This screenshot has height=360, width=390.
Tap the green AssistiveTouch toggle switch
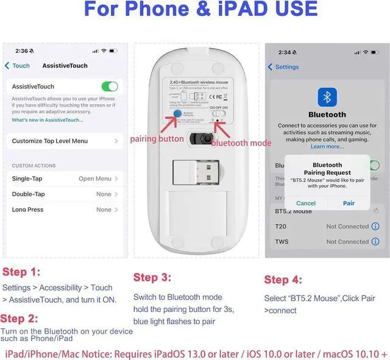(x=109, y=87)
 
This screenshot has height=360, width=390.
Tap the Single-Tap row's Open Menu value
(x=94, y=179)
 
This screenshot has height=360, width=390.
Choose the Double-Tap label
(x=28, y=194)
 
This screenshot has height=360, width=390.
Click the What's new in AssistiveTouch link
(x=48, y=120)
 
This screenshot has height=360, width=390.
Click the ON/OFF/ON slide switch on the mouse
(x=218, y=113)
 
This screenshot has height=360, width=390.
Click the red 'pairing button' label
(x=157, y=139)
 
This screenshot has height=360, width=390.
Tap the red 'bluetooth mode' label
(x=241, y=143)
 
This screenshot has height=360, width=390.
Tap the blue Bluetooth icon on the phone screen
(x=328, y=97)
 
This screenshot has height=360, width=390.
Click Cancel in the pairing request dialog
(x=306, y=203)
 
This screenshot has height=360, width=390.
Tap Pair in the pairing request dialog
(x=349, y=203)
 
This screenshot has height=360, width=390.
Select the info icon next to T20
(x=375, y=227)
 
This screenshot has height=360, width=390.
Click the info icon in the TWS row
(x=375, y=242)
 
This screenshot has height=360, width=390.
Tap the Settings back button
(x=283, y=67)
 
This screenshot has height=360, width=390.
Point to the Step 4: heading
(x=283, y=280)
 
